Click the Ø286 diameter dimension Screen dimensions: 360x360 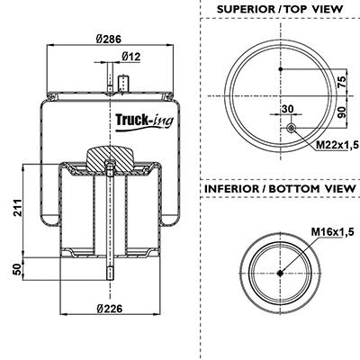(x=109, y=39)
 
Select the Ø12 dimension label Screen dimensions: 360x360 (x=131, y=57)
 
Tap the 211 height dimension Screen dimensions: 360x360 (x=18, y=207)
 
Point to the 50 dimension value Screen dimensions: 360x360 (x=18, y=269)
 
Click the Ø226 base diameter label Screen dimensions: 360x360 (x=110, y=308)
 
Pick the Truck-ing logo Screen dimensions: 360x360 (x=145, y=121)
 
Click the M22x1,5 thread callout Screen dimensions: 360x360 (x=337, y=145)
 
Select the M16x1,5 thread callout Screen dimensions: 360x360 (x=333, y=231)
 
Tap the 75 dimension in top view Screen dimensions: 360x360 (x=342, y=82)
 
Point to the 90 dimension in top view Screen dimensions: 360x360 (x=342, y=112)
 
